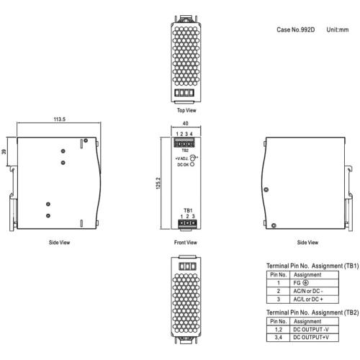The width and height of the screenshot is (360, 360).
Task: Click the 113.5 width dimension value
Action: click(x=60, y=119)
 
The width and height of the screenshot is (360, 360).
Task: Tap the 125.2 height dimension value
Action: click(x=158, y=184)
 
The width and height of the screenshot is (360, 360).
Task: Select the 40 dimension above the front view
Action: click(x=185, y=123)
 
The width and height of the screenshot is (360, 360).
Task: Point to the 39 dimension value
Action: click(x=4, y=152)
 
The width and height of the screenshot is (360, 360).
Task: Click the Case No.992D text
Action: click(x=295, y=30)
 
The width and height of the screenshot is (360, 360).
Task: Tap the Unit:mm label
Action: click(x=338, y=30)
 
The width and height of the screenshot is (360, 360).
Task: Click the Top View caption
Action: click(x=186, y=110)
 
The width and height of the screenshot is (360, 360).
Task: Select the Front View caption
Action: click(x=186, y=243)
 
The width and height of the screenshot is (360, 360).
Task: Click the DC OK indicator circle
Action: click(x=192, y=165)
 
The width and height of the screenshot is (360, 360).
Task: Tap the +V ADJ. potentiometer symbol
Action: click(x=192, y=158)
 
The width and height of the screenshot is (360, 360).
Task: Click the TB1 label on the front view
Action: click(x=188, y=210)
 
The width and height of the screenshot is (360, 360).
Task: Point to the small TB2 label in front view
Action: click(x=185, y=150)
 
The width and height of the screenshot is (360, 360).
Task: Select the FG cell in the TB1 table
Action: click(x=314, y=283)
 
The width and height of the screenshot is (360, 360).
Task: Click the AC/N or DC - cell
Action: click(x=314, y=291)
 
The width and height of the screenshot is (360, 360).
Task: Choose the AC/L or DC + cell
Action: click(x=314, y=300)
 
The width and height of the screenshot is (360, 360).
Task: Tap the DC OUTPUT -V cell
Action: click(x=314, y=330)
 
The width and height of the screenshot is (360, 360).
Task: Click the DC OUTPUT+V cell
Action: click(x=314, y=338)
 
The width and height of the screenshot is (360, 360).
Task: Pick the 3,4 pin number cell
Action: click(x=278, y=338)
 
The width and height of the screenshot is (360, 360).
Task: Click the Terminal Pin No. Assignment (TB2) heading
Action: click(x=312, y=312)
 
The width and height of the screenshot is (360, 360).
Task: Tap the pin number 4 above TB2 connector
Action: click(x=192, y=134)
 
